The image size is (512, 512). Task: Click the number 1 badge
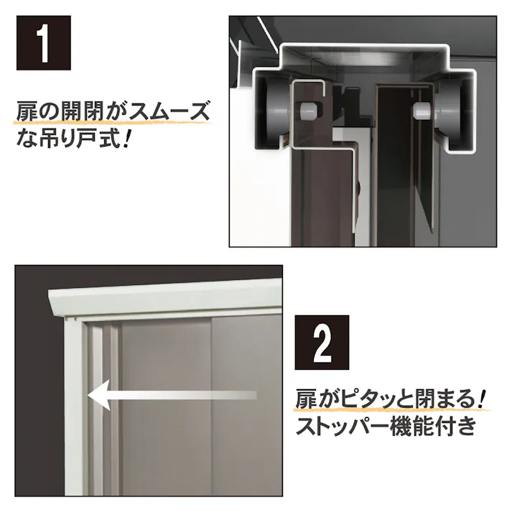[43, 42]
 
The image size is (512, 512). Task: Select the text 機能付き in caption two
[440, 426]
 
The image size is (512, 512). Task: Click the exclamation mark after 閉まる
[483, 397]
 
